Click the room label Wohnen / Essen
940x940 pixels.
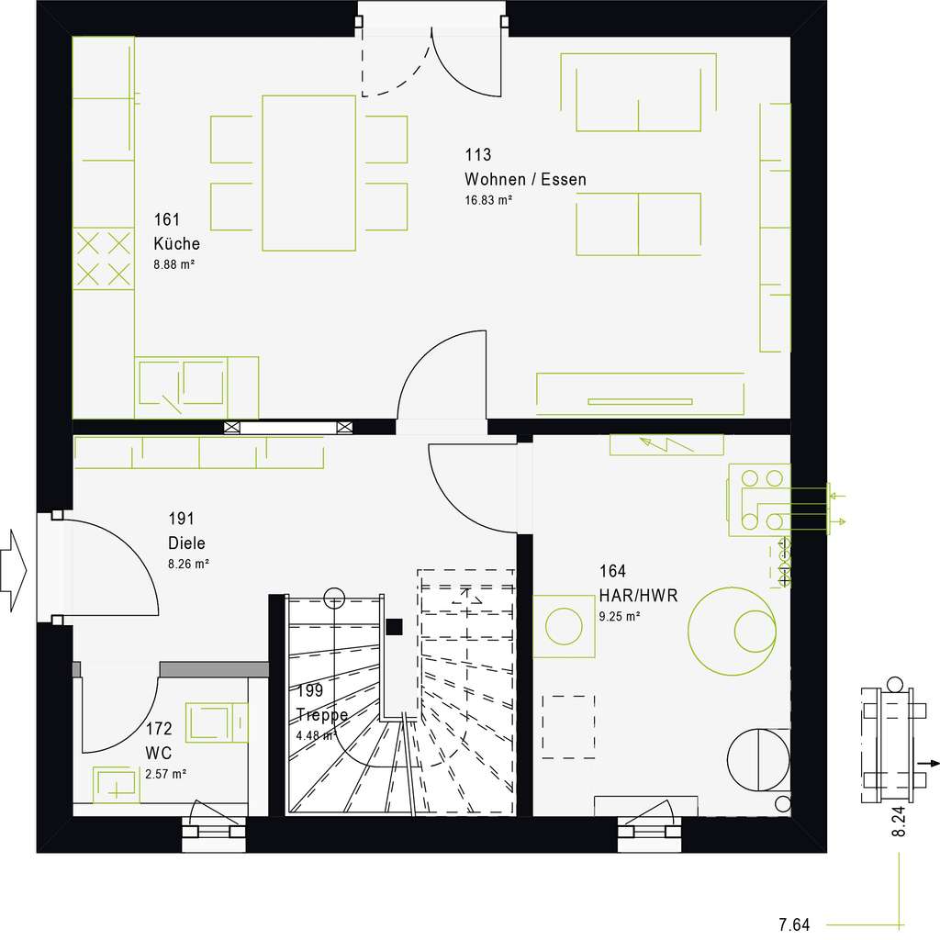click(x=525, y=179)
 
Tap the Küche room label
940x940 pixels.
click(x=176, y=244)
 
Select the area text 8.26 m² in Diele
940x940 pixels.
click(x=188, y=564)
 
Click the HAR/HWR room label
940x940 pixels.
click(x=638, y=596)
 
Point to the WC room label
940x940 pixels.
click(x=159, y=753)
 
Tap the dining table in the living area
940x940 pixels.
click(x=308, y=172)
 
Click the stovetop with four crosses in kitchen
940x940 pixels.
click(x=103, y=258)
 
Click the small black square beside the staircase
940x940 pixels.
click(x=394, y=627)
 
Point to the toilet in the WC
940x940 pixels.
click(x=217, y=722)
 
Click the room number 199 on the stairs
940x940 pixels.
click(x=310, y=691)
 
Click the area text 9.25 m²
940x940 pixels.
click(x=620, y=617)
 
